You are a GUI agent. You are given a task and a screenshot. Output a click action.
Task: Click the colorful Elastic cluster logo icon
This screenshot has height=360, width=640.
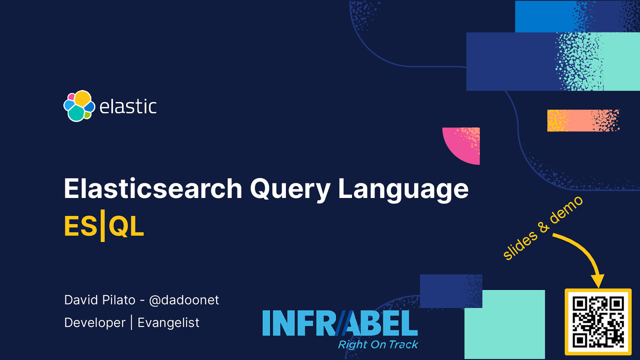click(79, 106)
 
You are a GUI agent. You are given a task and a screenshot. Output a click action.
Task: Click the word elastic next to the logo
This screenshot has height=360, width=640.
click(128, 107)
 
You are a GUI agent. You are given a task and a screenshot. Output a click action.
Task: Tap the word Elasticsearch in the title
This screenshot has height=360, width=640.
click(153, 189)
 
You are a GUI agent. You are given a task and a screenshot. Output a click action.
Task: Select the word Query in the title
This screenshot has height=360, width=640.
click(290, 189)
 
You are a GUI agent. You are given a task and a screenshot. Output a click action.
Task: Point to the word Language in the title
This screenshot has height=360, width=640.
click(403, 189)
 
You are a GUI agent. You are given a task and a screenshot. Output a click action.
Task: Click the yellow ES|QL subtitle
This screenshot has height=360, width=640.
click(104, 226)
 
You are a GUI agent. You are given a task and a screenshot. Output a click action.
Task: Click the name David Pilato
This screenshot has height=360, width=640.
click(100, 300)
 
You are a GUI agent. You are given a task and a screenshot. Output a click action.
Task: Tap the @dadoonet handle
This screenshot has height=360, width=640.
click(184, 300)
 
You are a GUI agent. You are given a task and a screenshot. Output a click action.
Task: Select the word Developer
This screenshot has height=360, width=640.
click(95, 323)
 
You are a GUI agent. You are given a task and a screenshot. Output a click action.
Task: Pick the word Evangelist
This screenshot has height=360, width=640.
click(168, 323)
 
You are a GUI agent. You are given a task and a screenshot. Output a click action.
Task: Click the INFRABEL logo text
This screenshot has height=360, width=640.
click(340, 323)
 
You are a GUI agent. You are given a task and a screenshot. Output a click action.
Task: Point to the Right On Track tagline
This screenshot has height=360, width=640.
click(378, 344)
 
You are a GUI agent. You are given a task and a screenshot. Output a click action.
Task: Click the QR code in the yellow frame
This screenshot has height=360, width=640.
click(598, 322)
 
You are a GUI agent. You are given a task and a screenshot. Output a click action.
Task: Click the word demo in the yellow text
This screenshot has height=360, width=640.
click(566, 210)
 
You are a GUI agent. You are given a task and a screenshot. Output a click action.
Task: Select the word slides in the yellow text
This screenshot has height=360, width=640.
click(520, 245)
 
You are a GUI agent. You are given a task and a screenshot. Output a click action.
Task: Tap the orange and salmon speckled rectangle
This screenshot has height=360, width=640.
click(582, 120)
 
